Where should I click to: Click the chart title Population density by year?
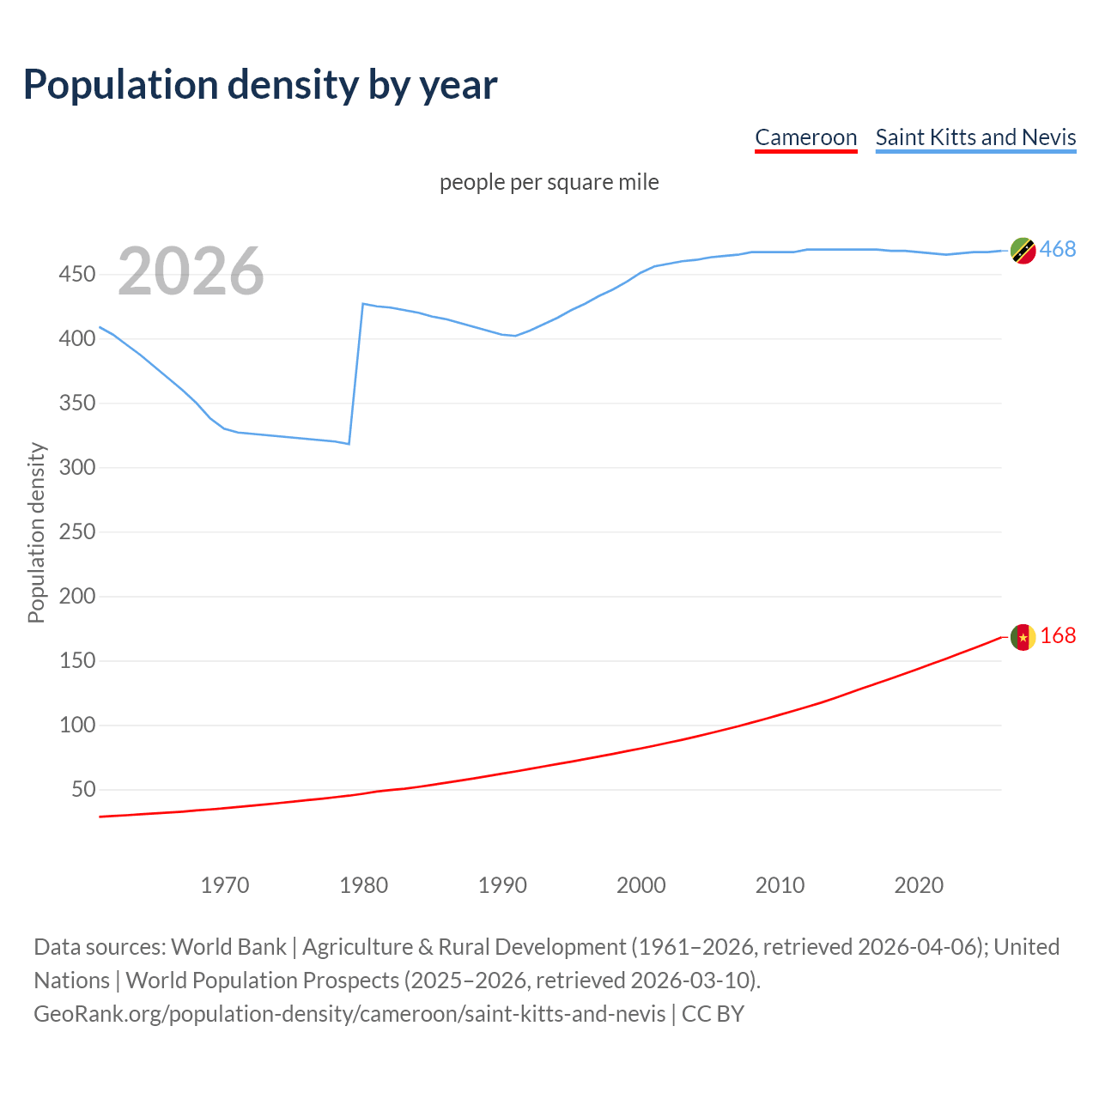pos(260,85)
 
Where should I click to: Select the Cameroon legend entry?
pos(805,137)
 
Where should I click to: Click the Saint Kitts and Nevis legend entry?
pos(975,137)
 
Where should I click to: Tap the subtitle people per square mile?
pos(549,182)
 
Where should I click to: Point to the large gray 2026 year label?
pos(191,271)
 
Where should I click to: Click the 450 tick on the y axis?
pos(76,275)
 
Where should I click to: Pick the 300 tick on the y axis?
pos(76,468)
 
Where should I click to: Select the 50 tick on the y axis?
pos(83,789)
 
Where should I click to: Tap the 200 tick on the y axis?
pos(76,596)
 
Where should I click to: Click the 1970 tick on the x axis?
pos(225,885)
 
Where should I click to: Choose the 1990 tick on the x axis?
pos(502,885)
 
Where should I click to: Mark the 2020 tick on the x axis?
pos(919,885)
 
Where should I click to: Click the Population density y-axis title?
pos(36,532)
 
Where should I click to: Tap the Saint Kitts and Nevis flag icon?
pos(1023,250)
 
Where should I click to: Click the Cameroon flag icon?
pos(1023,636)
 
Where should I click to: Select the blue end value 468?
pos(1058,249)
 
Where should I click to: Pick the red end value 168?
pos(1058,635)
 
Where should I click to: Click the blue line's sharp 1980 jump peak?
pos(363,304)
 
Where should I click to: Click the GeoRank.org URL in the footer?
pos(349,1014)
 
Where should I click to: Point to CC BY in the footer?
pos(713,1014)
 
